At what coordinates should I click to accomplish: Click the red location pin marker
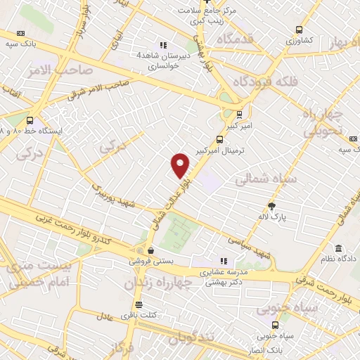click(180, 165)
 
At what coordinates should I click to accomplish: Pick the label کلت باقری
click(138, 314)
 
